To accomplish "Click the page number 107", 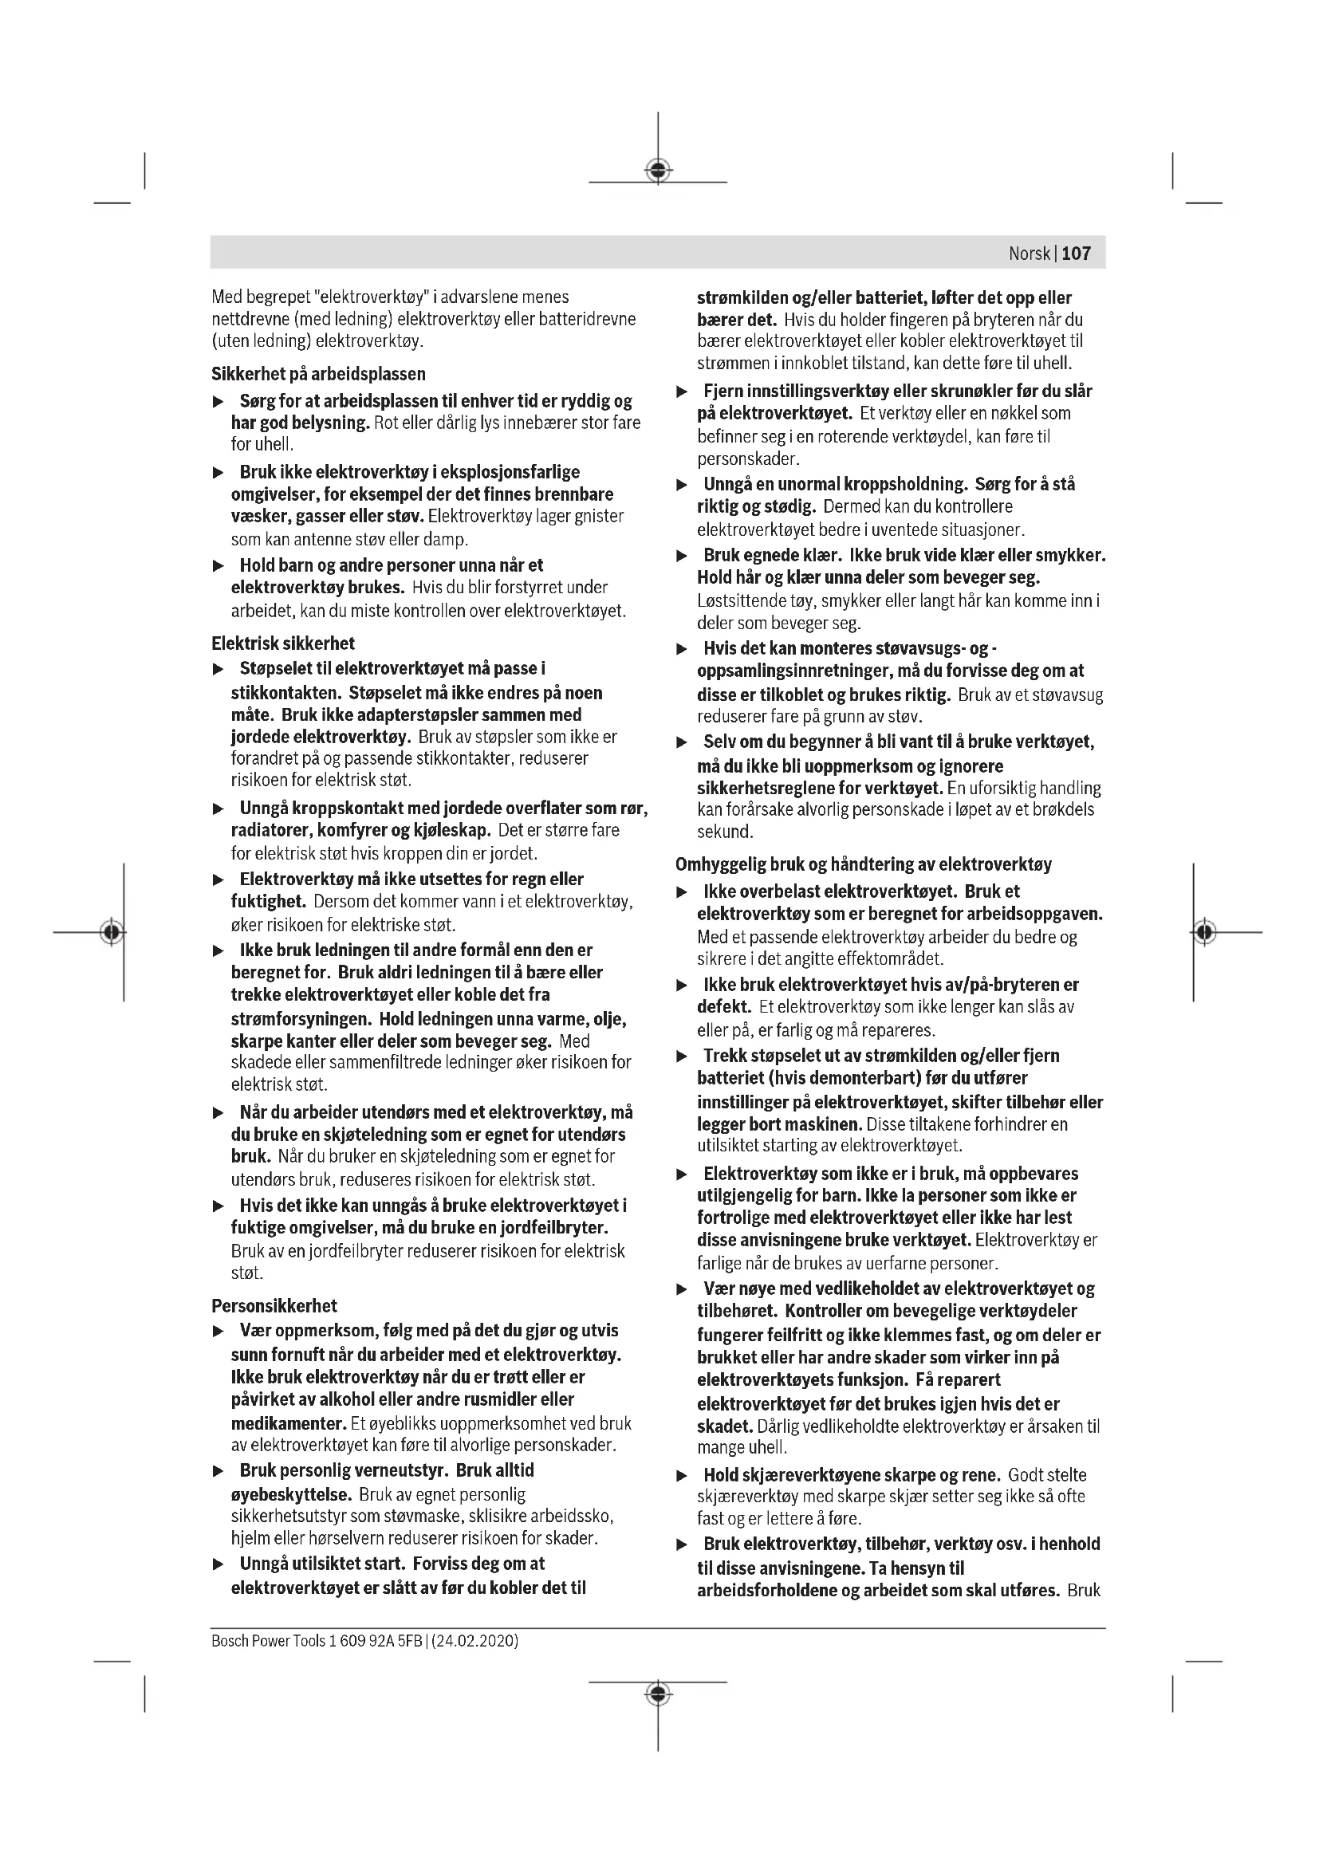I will pos(1076,254).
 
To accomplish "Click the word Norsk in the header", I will pos(1029,254).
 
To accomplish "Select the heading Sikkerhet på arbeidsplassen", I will pos(318,374).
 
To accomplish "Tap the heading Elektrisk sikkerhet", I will pos(282,643).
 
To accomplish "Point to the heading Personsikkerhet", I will pos(274,1305).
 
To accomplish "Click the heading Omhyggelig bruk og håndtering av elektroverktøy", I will pos(863,864).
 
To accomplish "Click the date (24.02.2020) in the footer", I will pos(475,1640).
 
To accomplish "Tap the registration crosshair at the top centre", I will pos(658,170).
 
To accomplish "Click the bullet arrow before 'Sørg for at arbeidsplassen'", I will pos(218,402).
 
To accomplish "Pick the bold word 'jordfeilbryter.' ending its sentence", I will pos(553,1227).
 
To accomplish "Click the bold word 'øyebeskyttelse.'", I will pos(292,1493).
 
